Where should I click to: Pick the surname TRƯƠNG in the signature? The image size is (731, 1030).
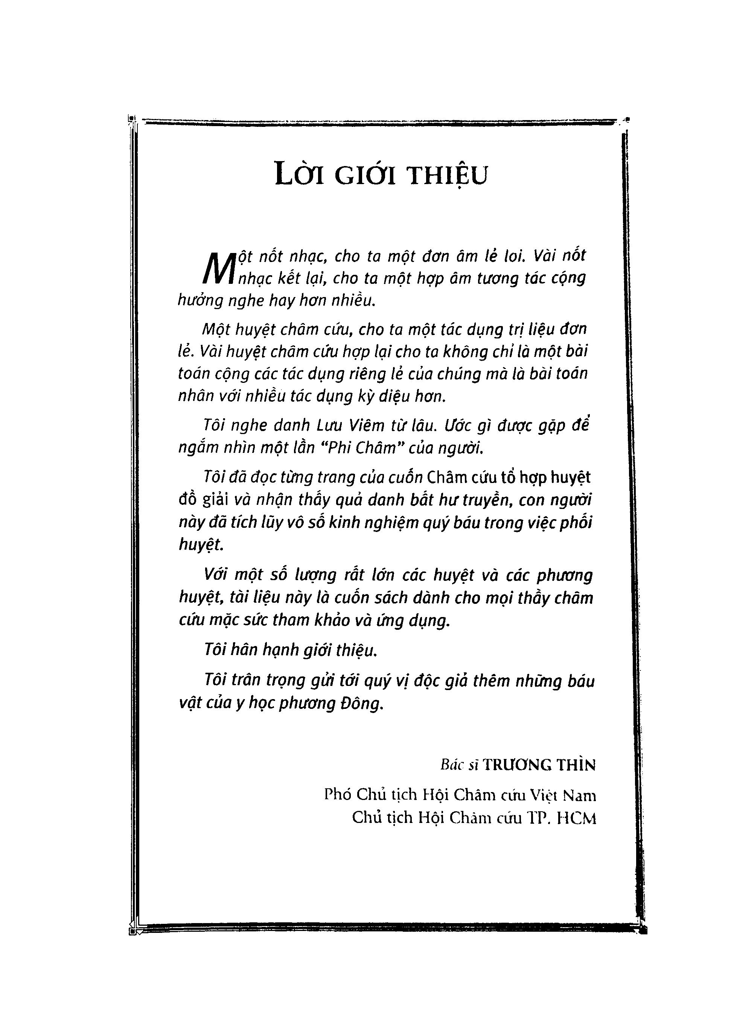[x=518, y=764]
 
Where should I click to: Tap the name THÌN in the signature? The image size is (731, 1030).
[x=577, y=764]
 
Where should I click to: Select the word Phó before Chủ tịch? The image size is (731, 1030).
[x=338, y=795]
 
